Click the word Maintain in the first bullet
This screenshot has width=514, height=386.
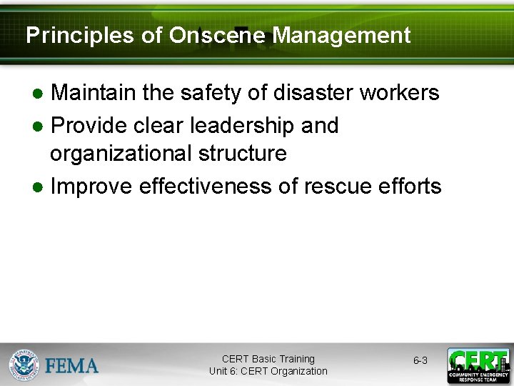(x=94, y=93)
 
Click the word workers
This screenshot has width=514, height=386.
(x=400, y=93)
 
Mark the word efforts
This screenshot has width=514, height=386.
(x=411, y=187)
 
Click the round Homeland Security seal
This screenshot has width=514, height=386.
(x=25, y=365)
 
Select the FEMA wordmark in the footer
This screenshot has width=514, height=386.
(x=72, y=365)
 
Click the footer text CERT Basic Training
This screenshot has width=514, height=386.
(x=268, y=359)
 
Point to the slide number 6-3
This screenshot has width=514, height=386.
(x=420, y=361)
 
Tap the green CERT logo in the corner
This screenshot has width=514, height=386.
(x=478, y=365)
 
